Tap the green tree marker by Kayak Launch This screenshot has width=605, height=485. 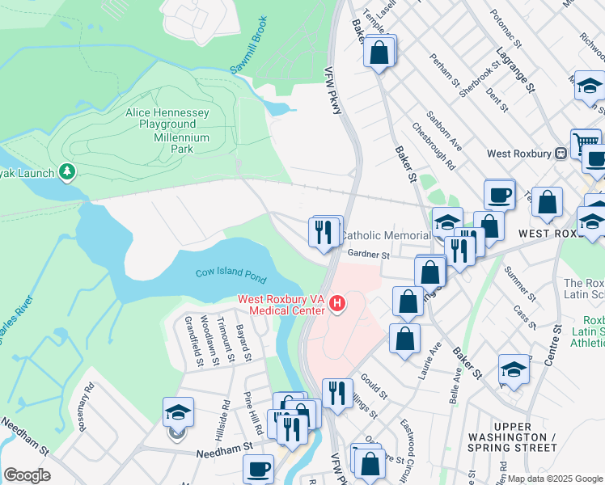pyautogui.click(x=67, y=171)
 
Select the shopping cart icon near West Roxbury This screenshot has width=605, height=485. pyautogui.click(x=585, y=144)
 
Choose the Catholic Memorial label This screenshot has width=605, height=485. pyautogui.click(x=385, y=235)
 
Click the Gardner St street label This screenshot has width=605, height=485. pyautogui.click(x=369, y=255)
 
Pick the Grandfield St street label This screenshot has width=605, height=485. pyautogui.click(x=193, y=344)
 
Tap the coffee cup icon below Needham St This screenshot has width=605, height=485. pyautogui.click(x=258, y=470)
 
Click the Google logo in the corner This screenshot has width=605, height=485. pyautogui.click(x=27, y=475)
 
